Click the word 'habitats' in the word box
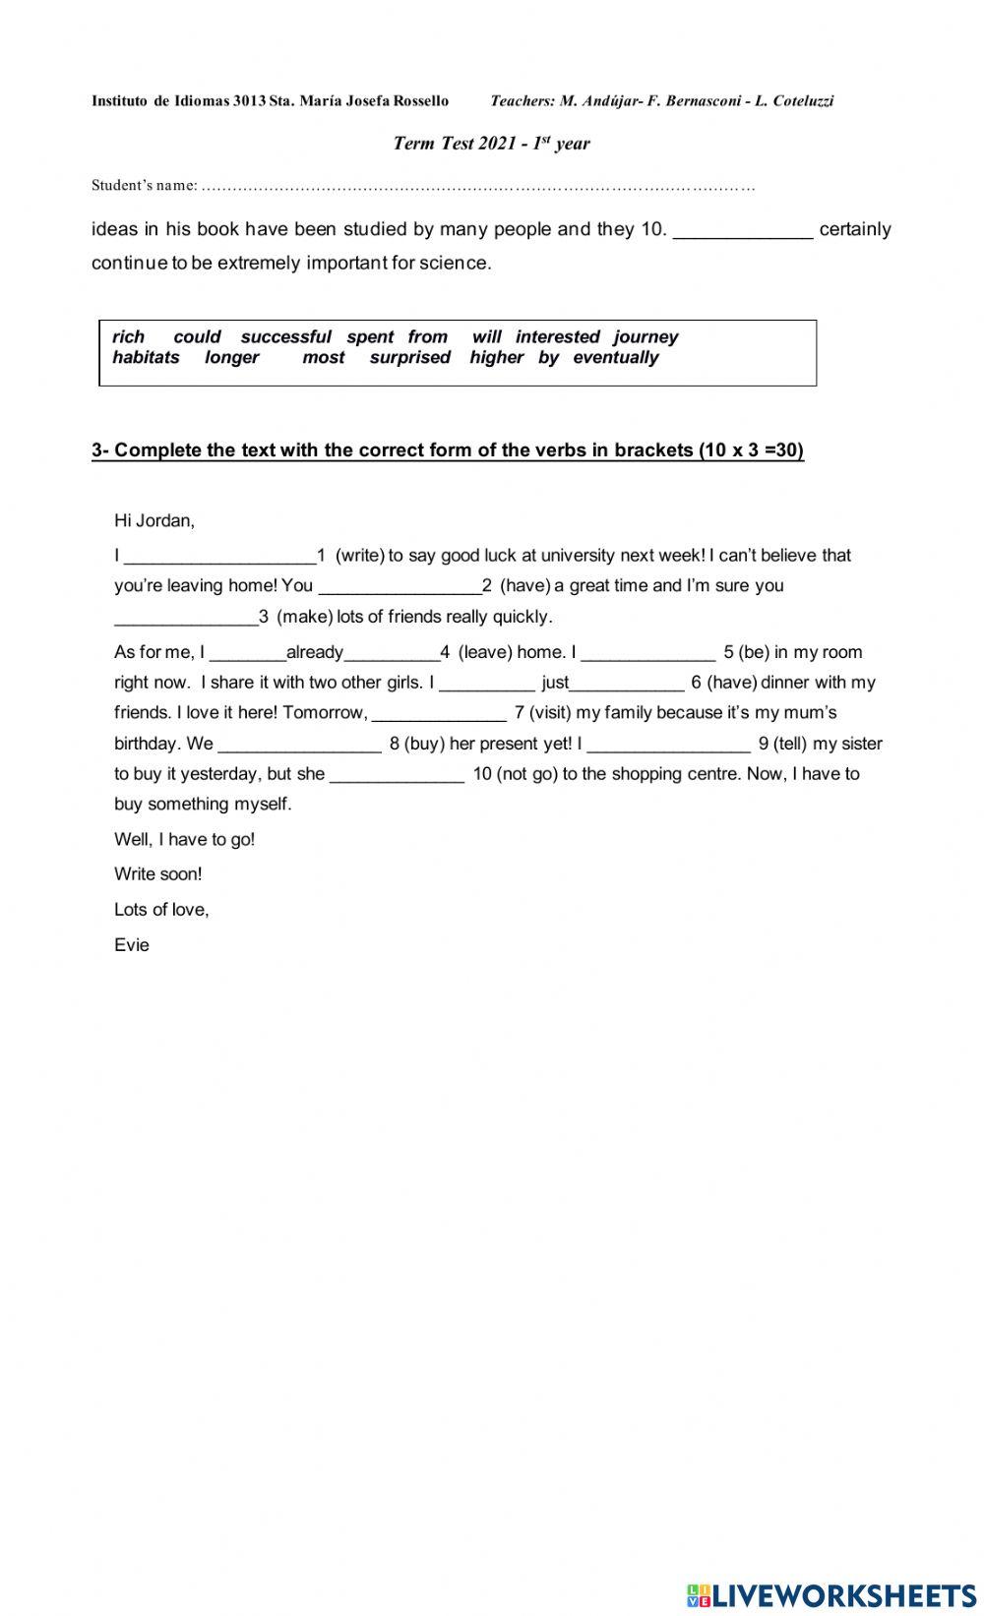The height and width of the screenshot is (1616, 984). click(146, 357)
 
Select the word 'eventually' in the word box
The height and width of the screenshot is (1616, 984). click(615, 357)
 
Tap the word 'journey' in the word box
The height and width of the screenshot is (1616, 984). click(646, 336)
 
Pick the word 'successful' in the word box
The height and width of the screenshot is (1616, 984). click(285, 336)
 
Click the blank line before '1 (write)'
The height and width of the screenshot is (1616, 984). click(219, 557)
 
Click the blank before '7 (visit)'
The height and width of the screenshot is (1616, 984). click(438, 714)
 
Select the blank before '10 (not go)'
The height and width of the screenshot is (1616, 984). click(397, 775)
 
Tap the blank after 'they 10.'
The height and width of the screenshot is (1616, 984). click(743, 231)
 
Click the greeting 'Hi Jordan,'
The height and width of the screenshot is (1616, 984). click(154, 520)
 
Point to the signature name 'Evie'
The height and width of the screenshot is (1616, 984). click(132, 945)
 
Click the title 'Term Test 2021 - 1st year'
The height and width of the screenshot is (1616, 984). click(491, 144)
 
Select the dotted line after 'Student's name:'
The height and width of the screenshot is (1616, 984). click(478, 186)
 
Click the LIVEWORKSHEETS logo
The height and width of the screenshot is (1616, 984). click(831, 1595)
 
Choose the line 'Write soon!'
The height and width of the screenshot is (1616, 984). click(157, 874)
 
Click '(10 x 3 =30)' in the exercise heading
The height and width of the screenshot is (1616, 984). click(751, 450)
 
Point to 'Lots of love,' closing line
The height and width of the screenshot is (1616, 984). click(161, 910)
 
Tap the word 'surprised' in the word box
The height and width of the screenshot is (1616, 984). click(409, 357)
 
